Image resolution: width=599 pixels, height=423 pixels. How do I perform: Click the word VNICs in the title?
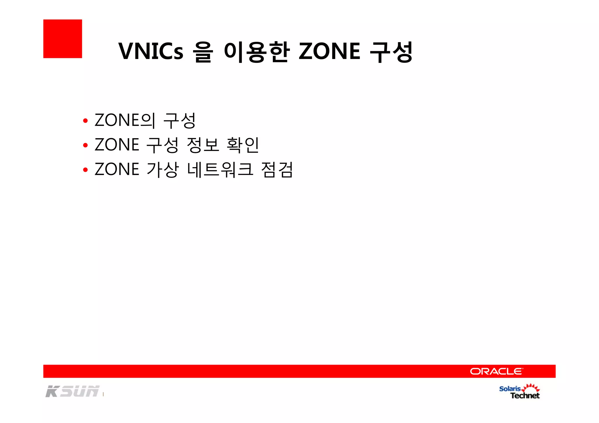click(151, 51)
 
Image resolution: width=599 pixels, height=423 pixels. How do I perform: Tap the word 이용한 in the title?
click(257, 52)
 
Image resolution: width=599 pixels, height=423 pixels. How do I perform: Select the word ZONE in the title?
click(329, 51)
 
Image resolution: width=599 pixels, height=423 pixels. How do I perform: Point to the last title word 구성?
click(391, 52)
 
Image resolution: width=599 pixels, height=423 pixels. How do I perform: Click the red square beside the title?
click(63, 39)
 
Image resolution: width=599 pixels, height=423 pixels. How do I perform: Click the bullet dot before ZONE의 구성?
click(85, 121)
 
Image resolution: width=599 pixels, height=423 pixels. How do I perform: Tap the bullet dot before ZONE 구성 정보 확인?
click(85, 145)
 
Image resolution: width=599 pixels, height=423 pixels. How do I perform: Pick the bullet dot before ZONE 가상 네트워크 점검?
click(85, 170)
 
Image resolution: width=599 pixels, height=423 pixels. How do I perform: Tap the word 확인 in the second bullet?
click(243, 145)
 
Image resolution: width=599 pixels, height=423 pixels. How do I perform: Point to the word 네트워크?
click(220, 169)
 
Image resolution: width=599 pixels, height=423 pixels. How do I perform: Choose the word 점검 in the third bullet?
click(277, 169)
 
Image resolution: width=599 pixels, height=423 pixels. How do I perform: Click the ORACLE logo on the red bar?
click(496, 371)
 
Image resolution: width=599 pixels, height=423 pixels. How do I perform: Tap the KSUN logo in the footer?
click(73, 391)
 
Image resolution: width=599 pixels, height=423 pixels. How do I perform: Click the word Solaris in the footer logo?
click(510, 389)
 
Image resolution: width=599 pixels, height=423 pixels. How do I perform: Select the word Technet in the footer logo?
click(525, 396)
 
